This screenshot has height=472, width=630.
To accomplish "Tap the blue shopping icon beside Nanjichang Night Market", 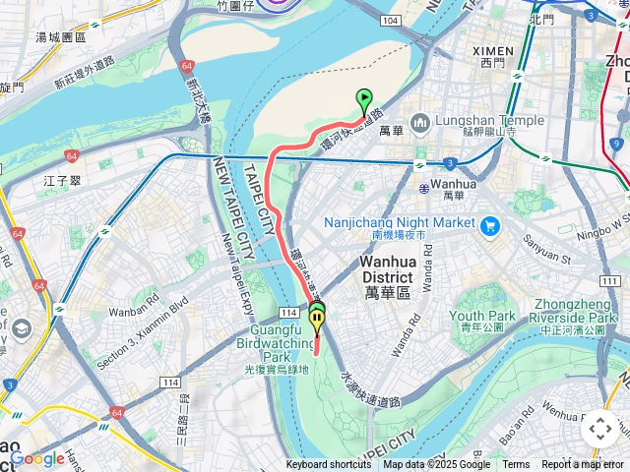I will point(491,224).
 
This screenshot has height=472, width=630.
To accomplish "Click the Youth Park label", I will point(482,316).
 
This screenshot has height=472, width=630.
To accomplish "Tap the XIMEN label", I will point(492,51).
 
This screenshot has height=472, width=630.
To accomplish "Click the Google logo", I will point(37,458).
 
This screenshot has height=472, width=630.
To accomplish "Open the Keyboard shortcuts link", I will point(329,465).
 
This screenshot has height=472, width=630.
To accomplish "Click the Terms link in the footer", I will point(516,465).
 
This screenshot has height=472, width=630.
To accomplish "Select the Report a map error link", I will point(583,465).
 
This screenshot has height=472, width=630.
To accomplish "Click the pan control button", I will point(599,429).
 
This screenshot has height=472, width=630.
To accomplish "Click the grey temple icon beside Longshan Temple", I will point(421,121).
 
